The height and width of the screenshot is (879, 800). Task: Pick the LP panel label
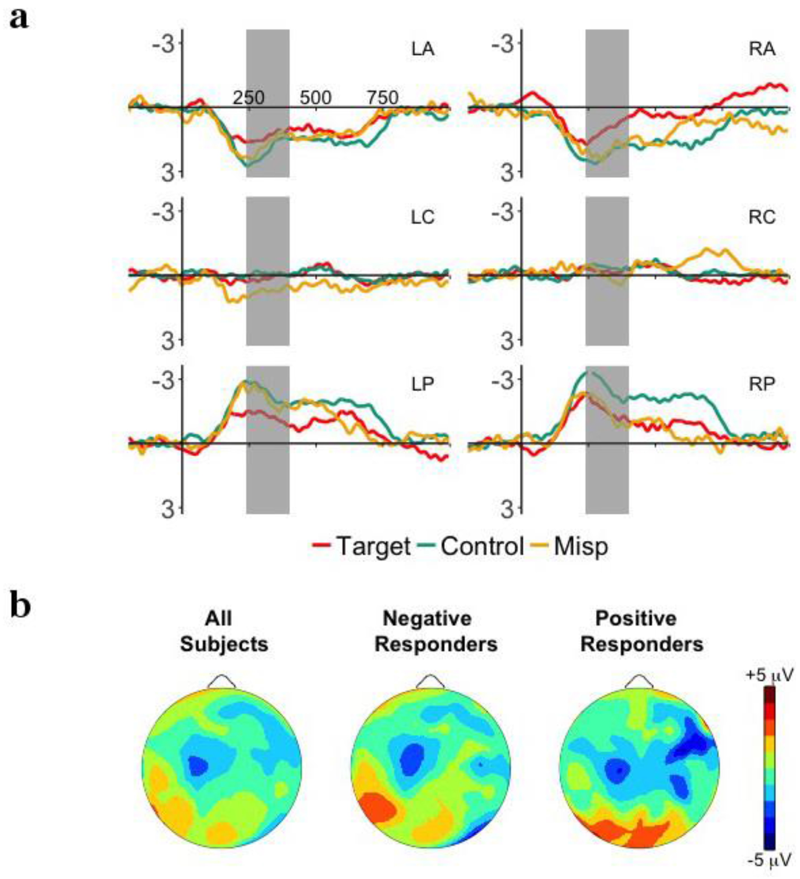point(423,384)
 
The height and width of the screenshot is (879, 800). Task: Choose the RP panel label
point(762,384)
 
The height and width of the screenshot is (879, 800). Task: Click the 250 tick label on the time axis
point(248,98)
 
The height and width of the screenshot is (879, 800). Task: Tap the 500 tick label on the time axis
point(316,98)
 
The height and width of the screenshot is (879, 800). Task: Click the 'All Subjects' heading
point(224,631)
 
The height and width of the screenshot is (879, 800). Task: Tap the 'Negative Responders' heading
point(436,631)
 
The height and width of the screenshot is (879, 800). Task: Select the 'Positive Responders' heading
point(642,631)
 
